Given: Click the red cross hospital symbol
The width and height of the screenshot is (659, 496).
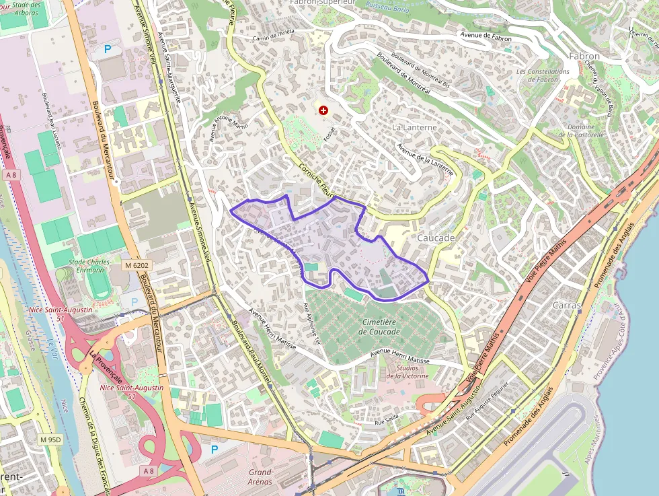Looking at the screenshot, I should point(323,110).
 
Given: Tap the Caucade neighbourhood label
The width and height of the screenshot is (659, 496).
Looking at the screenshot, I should point(436,238).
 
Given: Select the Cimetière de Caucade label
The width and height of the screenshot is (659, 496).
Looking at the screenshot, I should point(379,327).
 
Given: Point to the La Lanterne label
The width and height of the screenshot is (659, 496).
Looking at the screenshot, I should point(414,127).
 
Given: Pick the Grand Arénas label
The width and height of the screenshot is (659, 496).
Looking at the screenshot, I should point(260,476).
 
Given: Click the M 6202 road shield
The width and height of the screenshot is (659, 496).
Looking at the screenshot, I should point(136,266).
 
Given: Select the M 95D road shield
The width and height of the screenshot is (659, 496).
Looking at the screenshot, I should point(50,440).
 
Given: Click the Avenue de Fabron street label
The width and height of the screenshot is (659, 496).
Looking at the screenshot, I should point(486,37).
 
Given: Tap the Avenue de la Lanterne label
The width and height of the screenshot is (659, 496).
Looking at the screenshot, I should point(425,160).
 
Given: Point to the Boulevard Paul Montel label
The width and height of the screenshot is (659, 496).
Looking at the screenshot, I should point(251,349).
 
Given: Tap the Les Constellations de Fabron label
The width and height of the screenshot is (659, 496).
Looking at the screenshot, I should point(543,75).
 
